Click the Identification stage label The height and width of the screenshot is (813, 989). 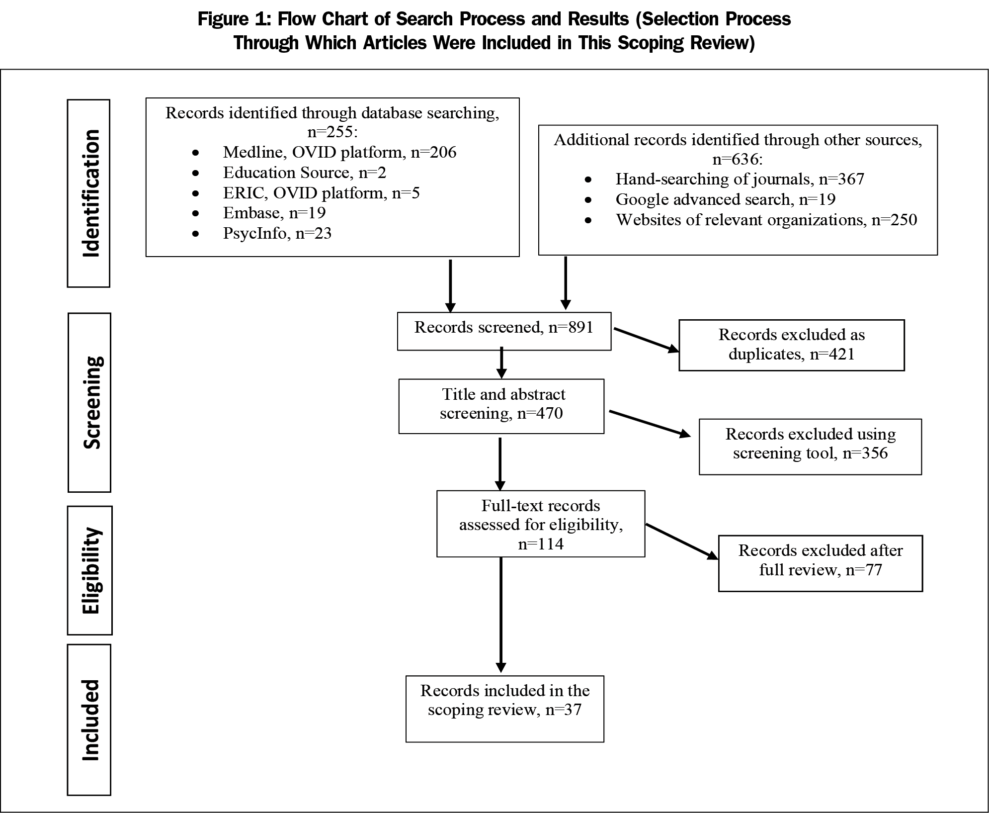[x=89, y=193]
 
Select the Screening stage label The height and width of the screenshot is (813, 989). [x=89, y=402]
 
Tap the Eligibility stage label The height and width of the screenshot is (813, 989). [x=90, y=570]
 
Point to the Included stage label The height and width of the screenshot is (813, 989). [x=89, y=720]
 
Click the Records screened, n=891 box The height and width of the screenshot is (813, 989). [x=504, y=331]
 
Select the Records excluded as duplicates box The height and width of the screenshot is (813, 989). [x=791, y=345]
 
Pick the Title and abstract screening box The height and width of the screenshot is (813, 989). [x=501, y=406]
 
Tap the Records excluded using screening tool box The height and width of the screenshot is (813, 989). [x=810, y=446]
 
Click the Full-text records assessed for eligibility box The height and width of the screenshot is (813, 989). [x=541, y=524]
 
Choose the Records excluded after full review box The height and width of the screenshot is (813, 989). [x=820, y=562]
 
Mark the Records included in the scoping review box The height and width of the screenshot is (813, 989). [x=504, y=708]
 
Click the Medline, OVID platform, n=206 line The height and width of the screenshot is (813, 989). [x=339, y=152]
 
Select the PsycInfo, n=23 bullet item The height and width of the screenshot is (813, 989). [x=277, y=233]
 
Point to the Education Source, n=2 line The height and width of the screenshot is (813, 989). [x=304, y=173]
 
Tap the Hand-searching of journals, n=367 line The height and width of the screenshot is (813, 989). [x=740, y=179]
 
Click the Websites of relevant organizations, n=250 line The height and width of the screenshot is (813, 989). [x=766, y=220]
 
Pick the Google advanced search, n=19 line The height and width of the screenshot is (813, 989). [x=725, y=199]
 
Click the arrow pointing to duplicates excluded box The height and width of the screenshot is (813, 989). [x=646, y=340]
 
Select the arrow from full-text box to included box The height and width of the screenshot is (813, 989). [x=500, y=614]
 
